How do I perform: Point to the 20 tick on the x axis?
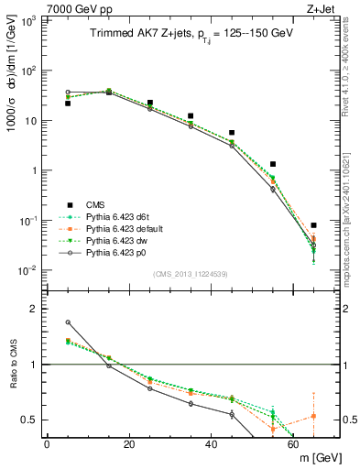point(129,443)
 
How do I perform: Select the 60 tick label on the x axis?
point(294,443)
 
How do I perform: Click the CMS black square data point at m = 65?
point(314,225)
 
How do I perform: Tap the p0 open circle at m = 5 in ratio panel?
point(68,322)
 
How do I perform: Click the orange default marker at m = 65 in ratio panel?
point(314,416)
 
